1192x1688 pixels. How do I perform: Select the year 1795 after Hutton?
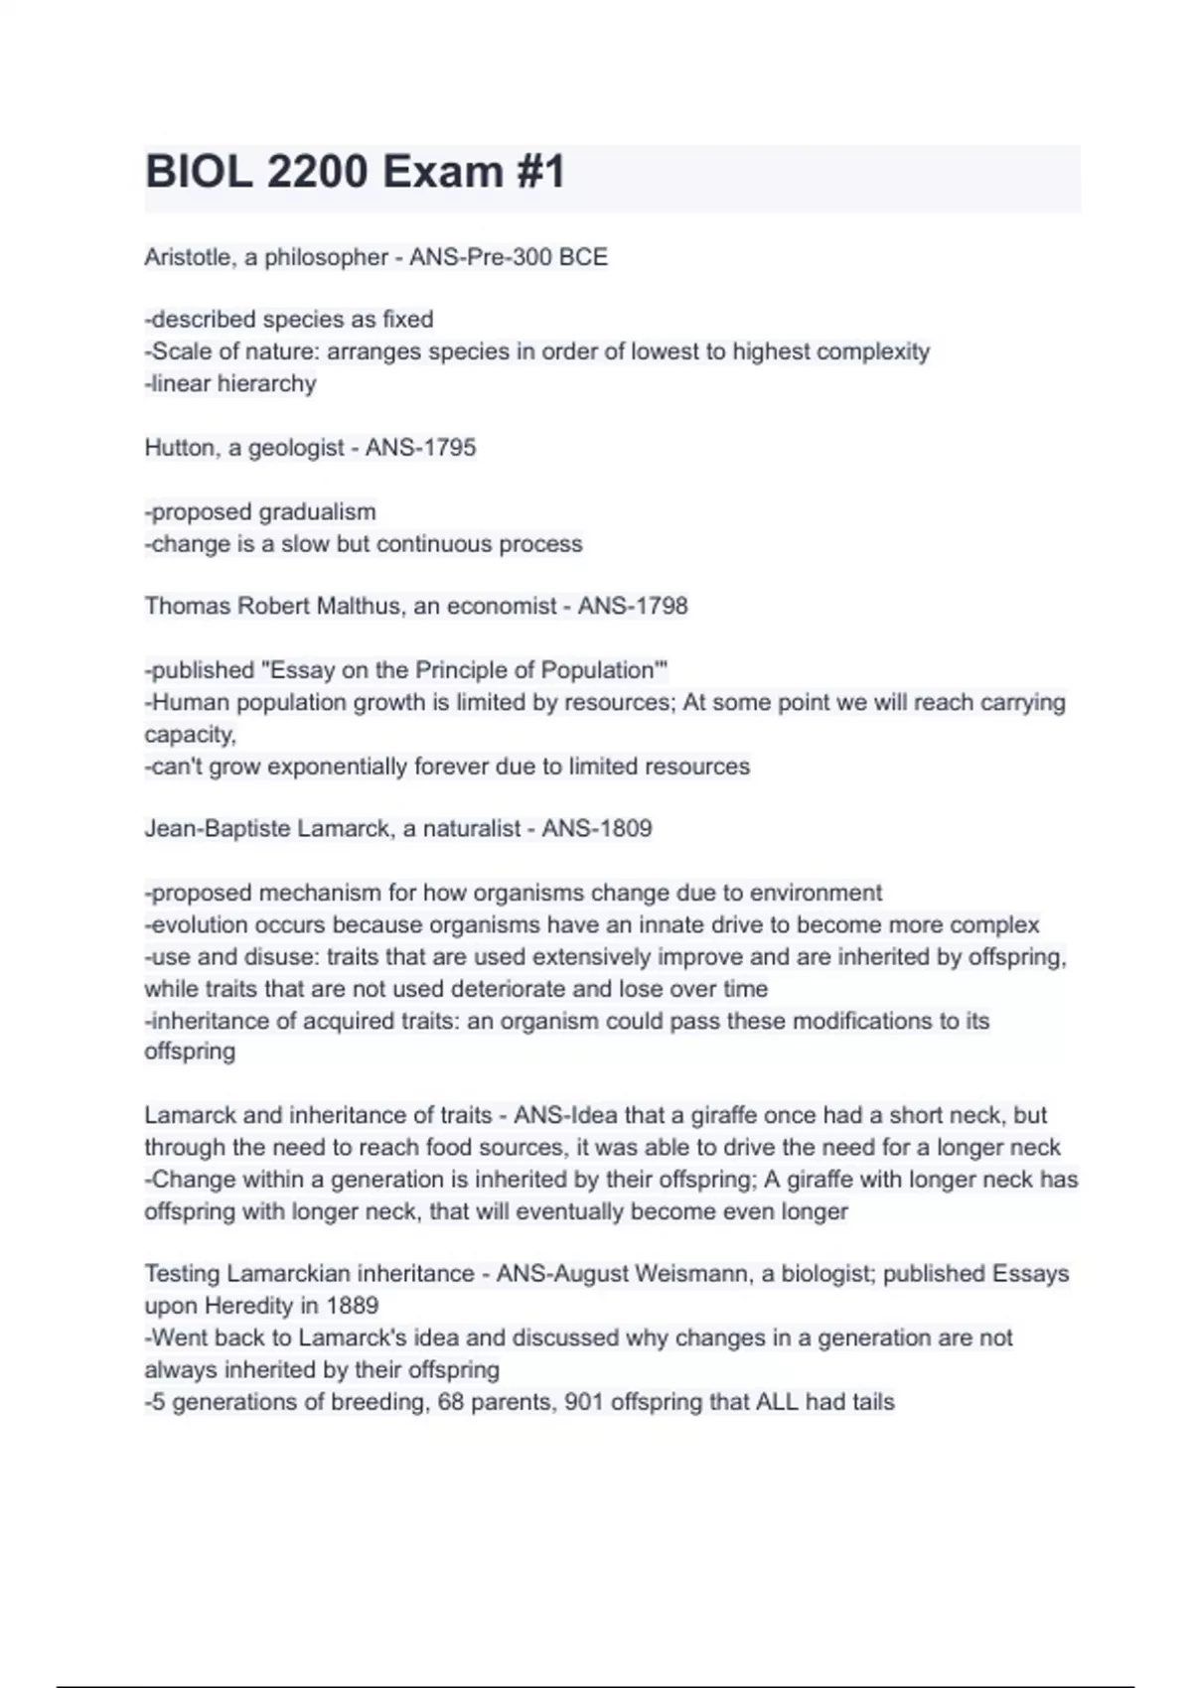point(449,448)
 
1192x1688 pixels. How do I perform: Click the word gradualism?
point(317,512)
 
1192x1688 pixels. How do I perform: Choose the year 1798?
point(661,606)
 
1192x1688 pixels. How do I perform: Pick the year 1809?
point(625,828)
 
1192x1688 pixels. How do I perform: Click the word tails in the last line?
point(873,1402)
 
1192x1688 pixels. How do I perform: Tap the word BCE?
point(583,257)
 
